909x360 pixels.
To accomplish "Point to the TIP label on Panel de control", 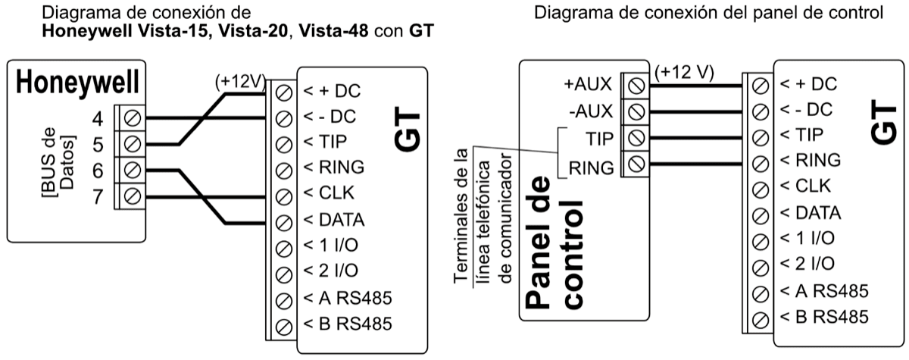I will coord(599,138).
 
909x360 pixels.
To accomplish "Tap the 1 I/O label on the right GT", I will coord(808,238).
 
